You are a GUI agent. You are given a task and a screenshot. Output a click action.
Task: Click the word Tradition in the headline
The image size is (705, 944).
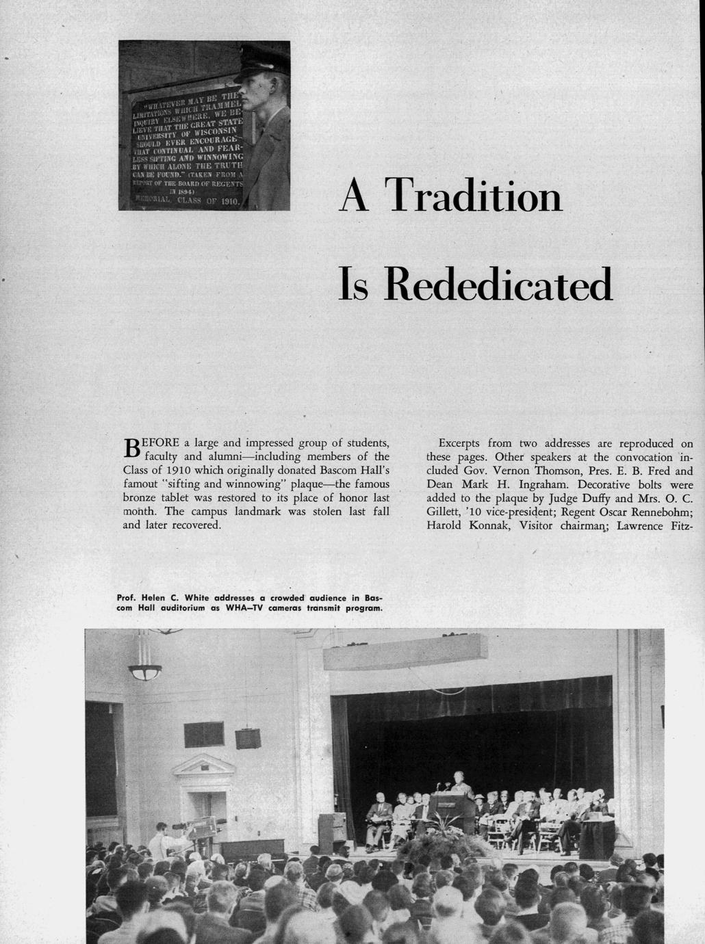(473, 196)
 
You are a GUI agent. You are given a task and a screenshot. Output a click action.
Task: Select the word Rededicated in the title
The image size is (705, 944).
(498, 285)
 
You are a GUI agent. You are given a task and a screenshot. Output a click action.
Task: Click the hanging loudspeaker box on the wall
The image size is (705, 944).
(247, 738)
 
